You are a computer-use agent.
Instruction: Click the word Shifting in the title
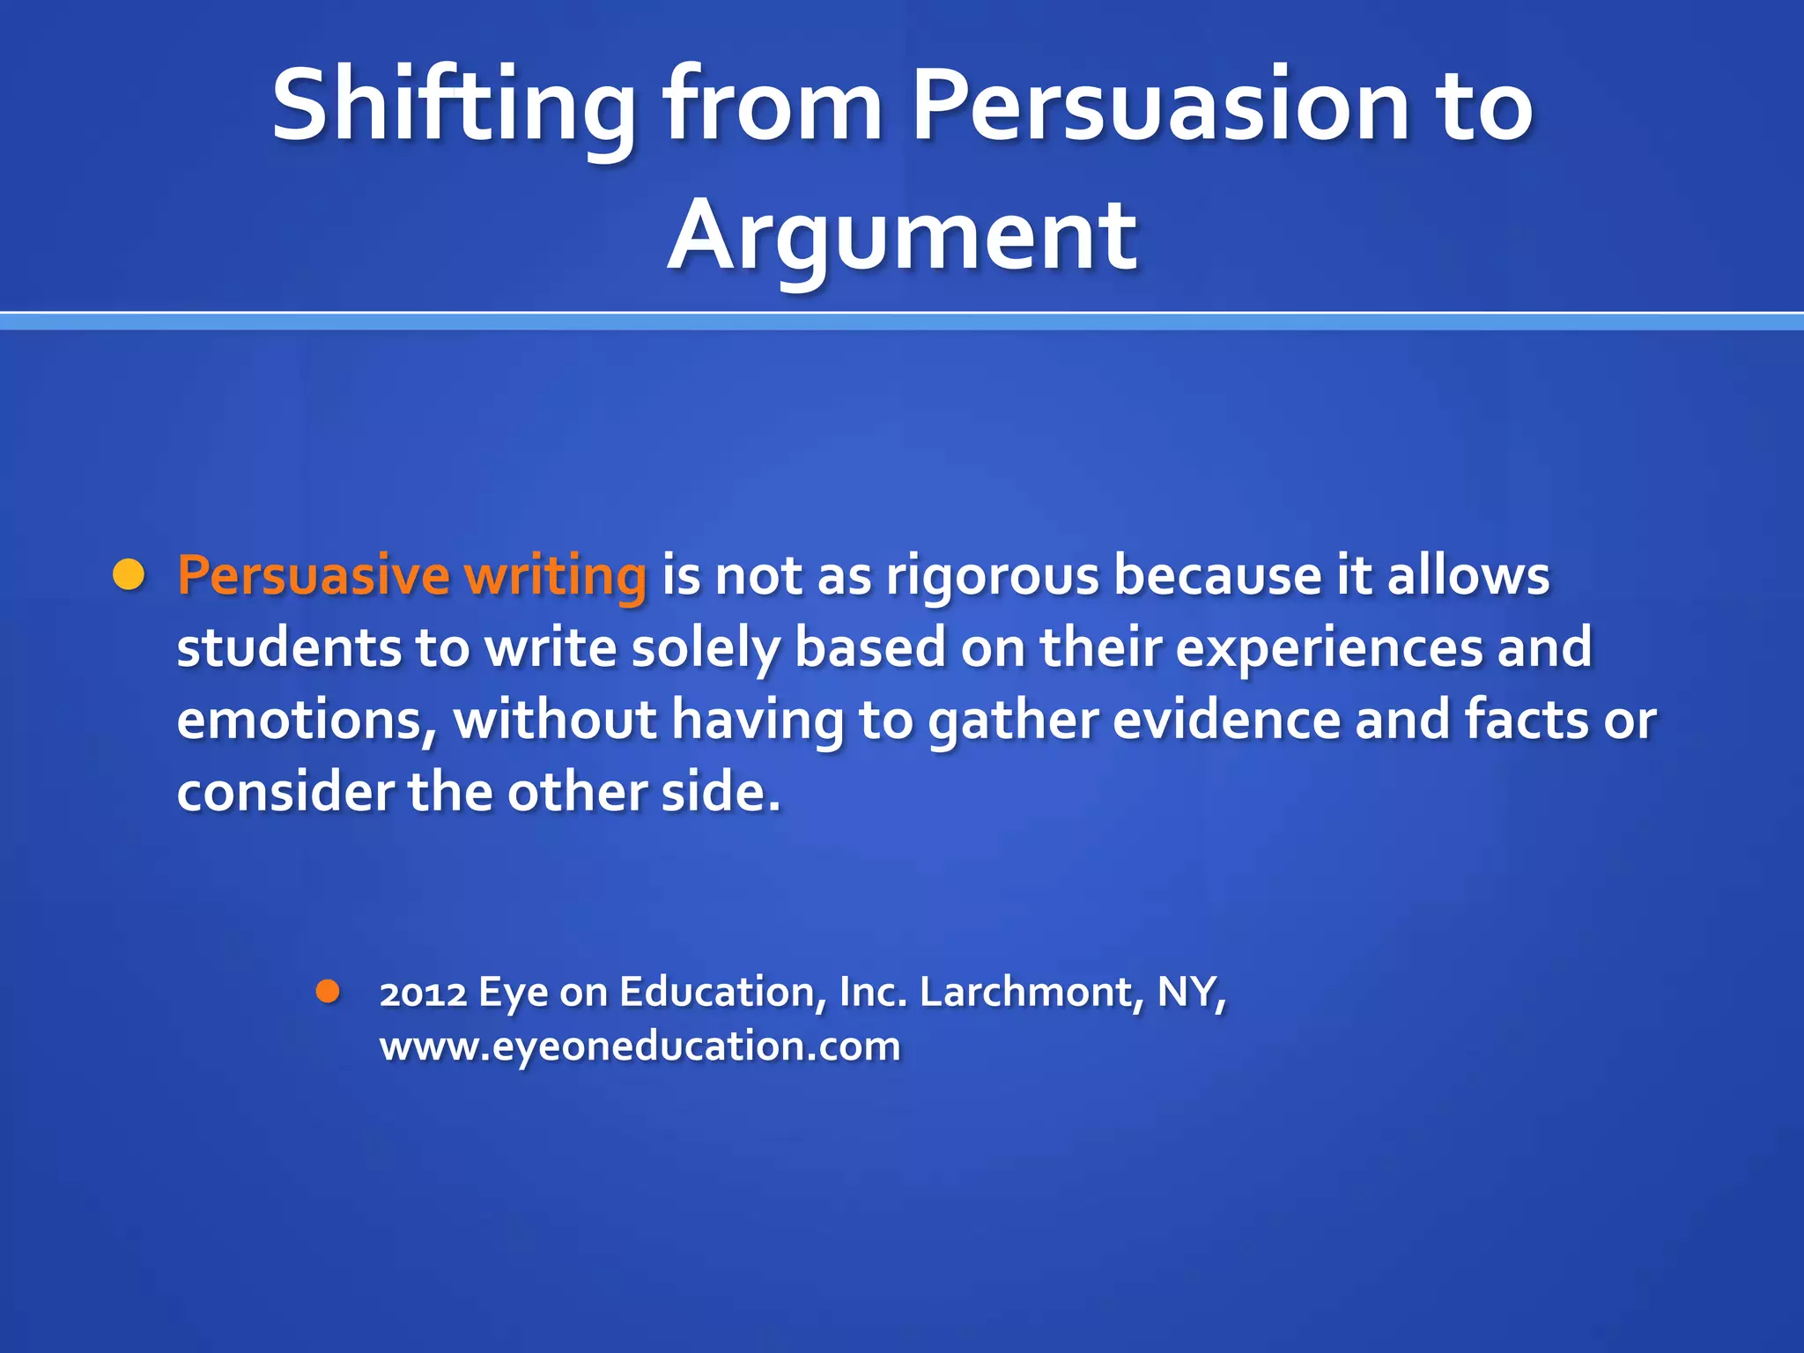[x=454, y=106]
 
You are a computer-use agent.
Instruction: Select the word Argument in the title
[x=902, y=236]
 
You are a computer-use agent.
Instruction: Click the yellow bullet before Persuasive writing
[x=129, y=575]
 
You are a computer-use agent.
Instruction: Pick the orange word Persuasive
[x=314, y=576]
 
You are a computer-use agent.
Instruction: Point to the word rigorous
[x=993, y=578]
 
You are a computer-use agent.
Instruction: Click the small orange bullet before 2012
[x=328, y=993]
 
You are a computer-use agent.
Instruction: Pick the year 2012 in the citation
[x=423, y=993]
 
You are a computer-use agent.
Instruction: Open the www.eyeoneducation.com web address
[x=640, y=1047]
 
